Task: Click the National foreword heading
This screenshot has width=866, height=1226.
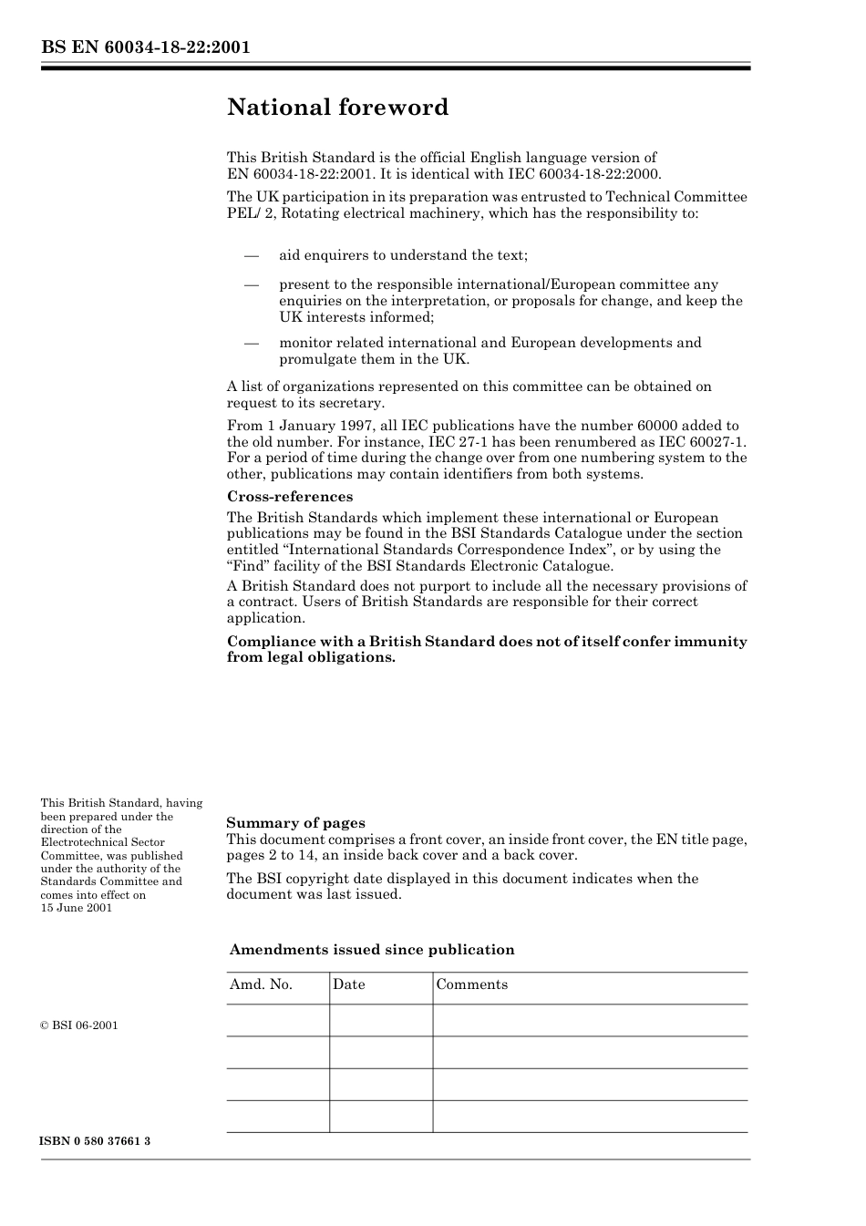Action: [337, 108]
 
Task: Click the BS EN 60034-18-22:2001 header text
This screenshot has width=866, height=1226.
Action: [145, 47]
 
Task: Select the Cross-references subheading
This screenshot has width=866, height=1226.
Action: [289, 497]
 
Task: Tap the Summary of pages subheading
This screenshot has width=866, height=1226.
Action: [295, 823]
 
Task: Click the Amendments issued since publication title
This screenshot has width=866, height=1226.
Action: [372, 950]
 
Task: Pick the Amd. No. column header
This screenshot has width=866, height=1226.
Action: [261, 984]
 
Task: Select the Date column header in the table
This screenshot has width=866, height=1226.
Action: [348, 984]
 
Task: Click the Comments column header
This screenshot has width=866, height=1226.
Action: [471, 984]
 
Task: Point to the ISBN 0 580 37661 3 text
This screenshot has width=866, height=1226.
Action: [96, 1142]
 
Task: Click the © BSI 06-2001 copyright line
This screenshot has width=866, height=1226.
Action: [79, 1025]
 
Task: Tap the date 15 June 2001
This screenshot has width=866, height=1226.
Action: [77, 908]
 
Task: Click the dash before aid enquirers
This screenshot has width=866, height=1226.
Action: [252, 255]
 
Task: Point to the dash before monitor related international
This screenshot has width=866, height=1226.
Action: [252, 343]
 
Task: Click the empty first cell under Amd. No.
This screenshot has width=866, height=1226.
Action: [277, 1020]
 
